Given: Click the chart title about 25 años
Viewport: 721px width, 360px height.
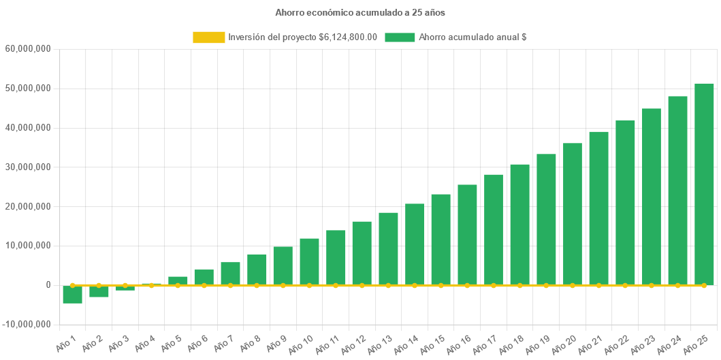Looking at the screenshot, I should pyautogui.click(x=360, y=12).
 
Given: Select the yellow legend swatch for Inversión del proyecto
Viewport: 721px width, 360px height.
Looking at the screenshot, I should pyautogui.click(x=209, y=37).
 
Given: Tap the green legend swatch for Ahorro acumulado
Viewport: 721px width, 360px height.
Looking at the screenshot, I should pyautogui.click(x=400, y=37).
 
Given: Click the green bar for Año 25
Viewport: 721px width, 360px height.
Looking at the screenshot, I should pyautogui.click(x=704, y=184).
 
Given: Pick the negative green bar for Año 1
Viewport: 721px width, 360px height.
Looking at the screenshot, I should pyautogui.click(x=72, y=295).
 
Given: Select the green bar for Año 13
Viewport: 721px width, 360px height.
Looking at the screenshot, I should pyautogui.click(x=388, y=248).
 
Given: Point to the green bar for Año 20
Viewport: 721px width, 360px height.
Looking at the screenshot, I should pyautogui.click(x=572, y=214).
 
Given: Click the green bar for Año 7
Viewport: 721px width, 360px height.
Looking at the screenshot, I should pyautogui.click(x=230, y=272).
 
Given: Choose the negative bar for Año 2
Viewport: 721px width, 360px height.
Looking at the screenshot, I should pyautogui.click(x=99, y=292).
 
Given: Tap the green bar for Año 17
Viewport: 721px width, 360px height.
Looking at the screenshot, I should pyautogui.click(x=494, y=229).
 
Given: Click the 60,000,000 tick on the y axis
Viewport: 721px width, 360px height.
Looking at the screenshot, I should pyautogui.click(x=29, y=49).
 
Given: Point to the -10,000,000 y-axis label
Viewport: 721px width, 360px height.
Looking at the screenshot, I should pyautogui.click(x=27, y=324).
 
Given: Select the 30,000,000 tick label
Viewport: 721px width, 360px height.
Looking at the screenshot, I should pyautogui.click(x=29, y=167).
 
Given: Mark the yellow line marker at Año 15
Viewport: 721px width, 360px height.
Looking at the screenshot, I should pyautogui.click(x=440, y=285).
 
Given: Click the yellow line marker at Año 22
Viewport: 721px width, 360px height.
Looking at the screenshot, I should pyautogui.click(x=625, y=285).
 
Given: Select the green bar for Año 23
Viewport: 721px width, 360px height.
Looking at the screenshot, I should pyautogui.click(x=652, y=197).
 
